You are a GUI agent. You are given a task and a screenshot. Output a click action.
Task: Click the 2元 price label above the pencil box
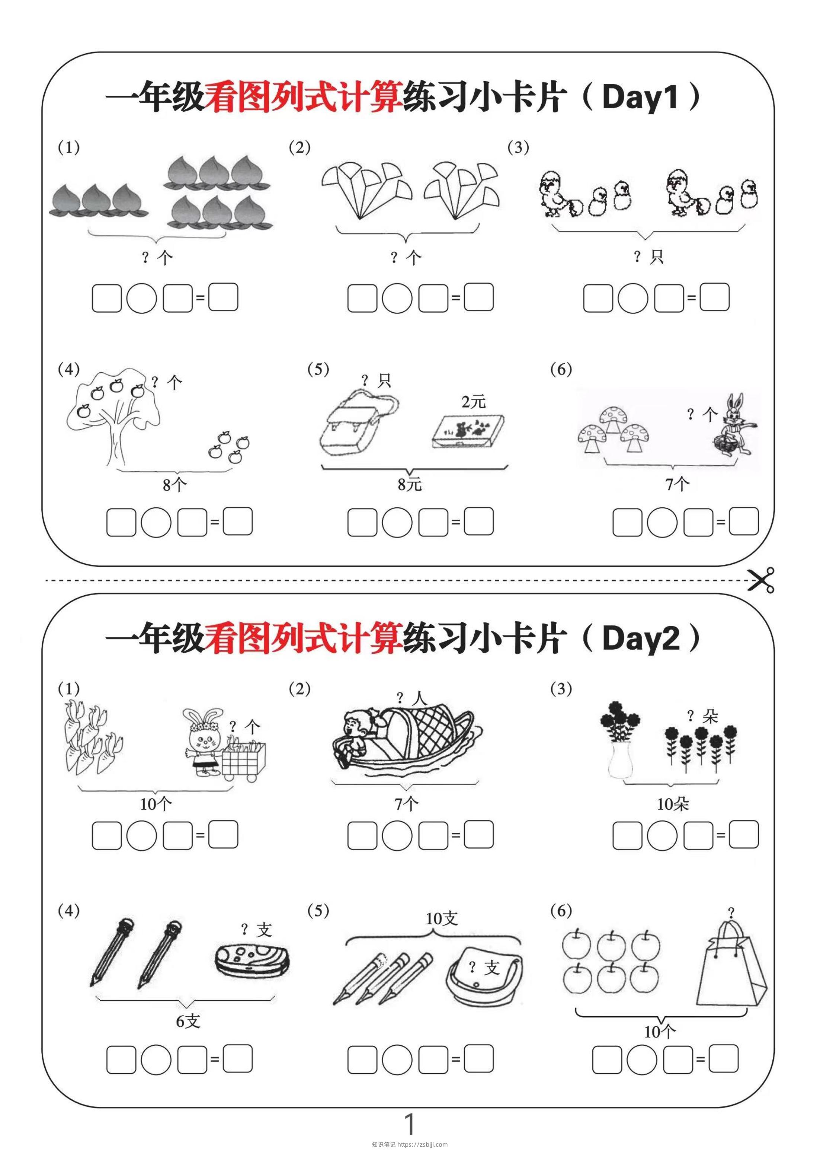473,402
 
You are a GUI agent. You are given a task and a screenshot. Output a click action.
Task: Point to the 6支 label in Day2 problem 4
188,1021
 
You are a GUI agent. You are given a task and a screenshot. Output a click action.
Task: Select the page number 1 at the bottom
410,1124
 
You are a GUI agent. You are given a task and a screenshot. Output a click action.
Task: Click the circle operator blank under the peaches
141,298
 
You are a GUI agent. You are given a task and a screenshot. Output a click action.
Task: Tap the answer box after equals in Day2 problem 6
723,1058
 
